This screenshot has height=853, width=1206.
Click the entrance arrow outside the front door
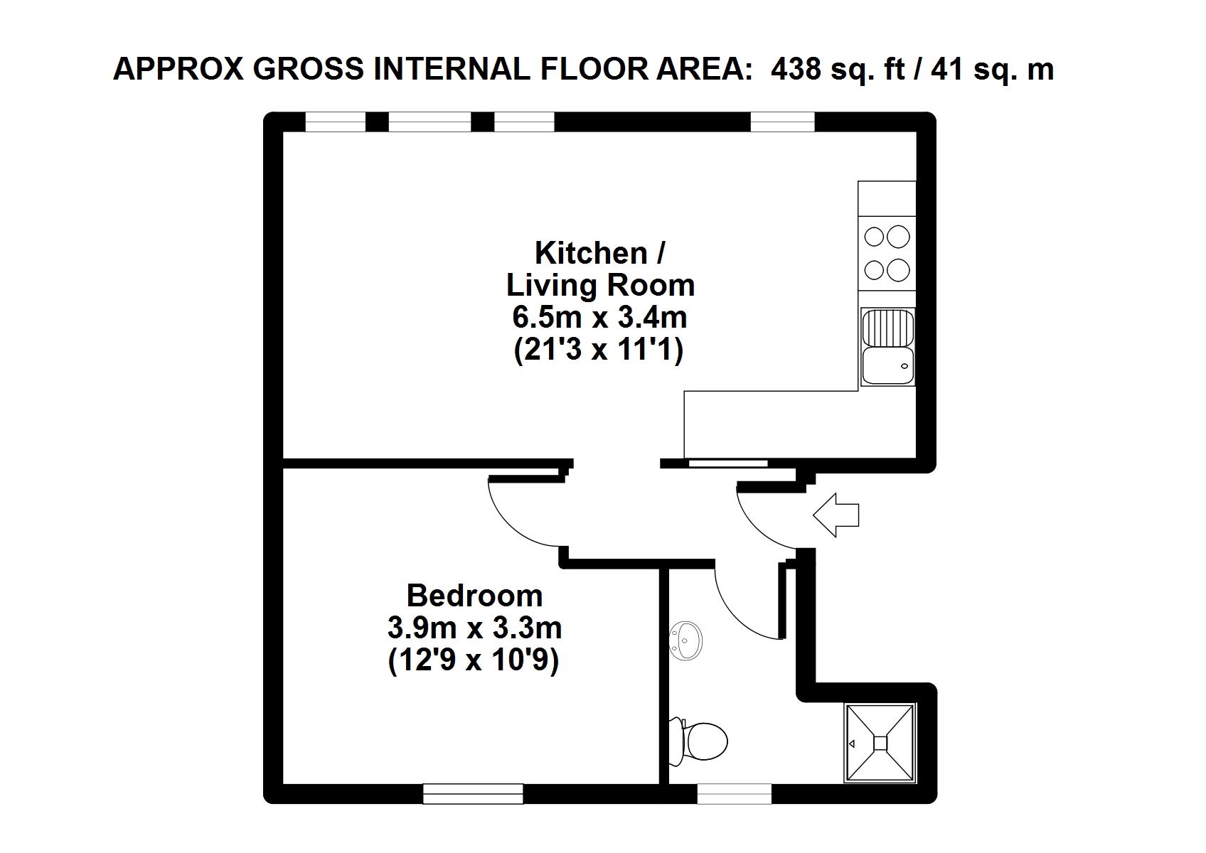pyautogui.click(x=836, y=515)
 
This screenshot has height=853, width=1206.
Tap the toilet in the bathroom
pyautogui.click(x=699, y=741)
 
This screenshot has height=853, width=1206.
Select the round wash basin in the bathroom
pyautogui.click(x=685, y=640)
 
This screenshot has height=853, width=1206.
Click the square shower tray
pyautogui.click(x=880, y=743)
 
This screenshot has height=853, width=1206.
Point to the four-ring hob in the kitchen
pyautogui.click(x=887, y=254)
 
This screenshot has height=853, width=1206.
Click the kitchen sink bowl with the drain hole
pyautogui.click(x=888, y=366)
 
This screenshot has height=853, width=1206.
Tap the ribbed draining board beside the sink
pyautogui.click(x=888, y=327)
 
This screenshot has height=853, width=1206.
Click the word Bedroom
pyautogui.click(x=474, y=596)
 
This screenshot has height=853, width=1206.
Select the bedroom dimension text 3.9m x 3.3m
pyautogui.click(x=474, y=628)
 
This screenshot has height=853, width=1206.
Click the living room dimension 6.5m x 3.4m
pyautogui.click(x=599, y=318)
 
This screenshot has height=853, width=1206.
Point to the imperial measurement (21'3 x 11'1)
pyautogui.click(x=599, y=350)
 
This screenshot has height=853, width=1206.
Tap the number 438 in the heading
pyautogui.click(x=796, y=70)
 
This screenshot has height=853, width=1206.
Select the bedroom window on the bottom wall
pyautogui.click(x=473, y=794)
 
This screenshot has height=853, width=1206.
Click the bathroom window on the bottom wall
pyautogui.click(x=734, y=794)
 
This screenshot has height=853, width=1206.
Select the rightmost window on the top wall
pyautogui.click(x=782, y=122)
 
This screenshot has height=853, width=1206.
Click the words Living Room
pyautogui.click(x=600, y=285)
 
